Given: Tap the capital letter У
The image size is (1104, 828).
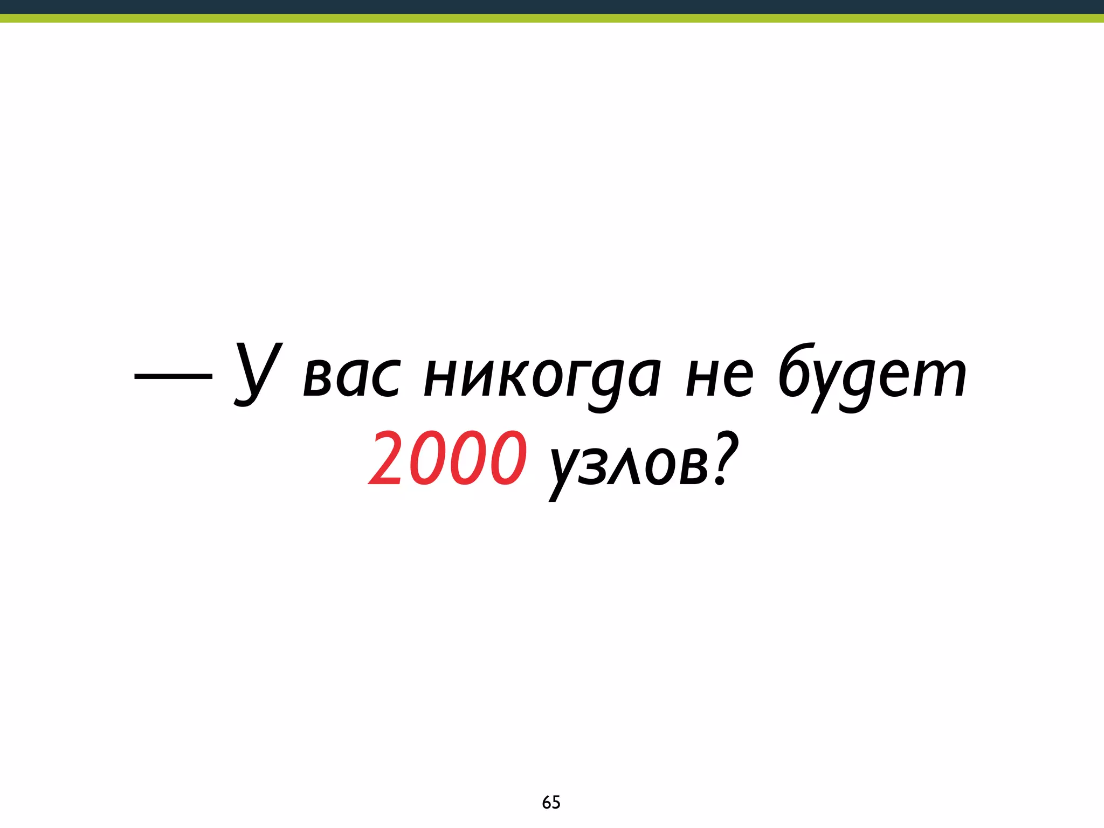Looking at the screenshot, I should click(x=258, y=374).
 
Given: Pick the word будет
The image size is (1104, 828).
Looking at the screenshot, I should click(x=872, y=377).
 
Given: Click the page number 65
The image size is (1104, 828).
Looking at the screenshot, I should click(x=551, y=803).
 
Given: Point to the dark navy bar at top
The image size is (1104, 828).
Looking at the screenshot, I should click(x=552, y=6).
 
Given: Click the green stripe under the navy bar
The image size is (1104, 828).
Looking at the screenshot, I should click(x=552, y=18).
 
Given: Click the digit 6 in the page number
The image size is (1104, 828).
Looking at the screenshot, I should click(x=547, y=803).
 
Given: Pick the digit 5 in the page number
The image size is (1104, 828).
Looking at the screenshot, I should click(x=556, y=803).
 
